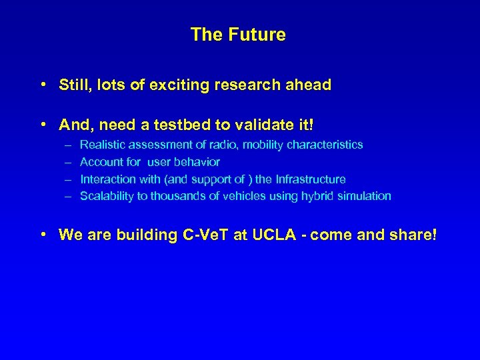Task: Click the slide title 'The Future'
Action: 238,35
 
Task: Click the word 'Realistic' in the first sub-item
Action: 103,145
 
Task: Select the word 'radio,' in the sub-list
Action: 224,145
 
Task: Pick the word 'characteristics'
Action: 325,145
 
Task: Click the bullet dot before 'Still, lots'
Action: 43,85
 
